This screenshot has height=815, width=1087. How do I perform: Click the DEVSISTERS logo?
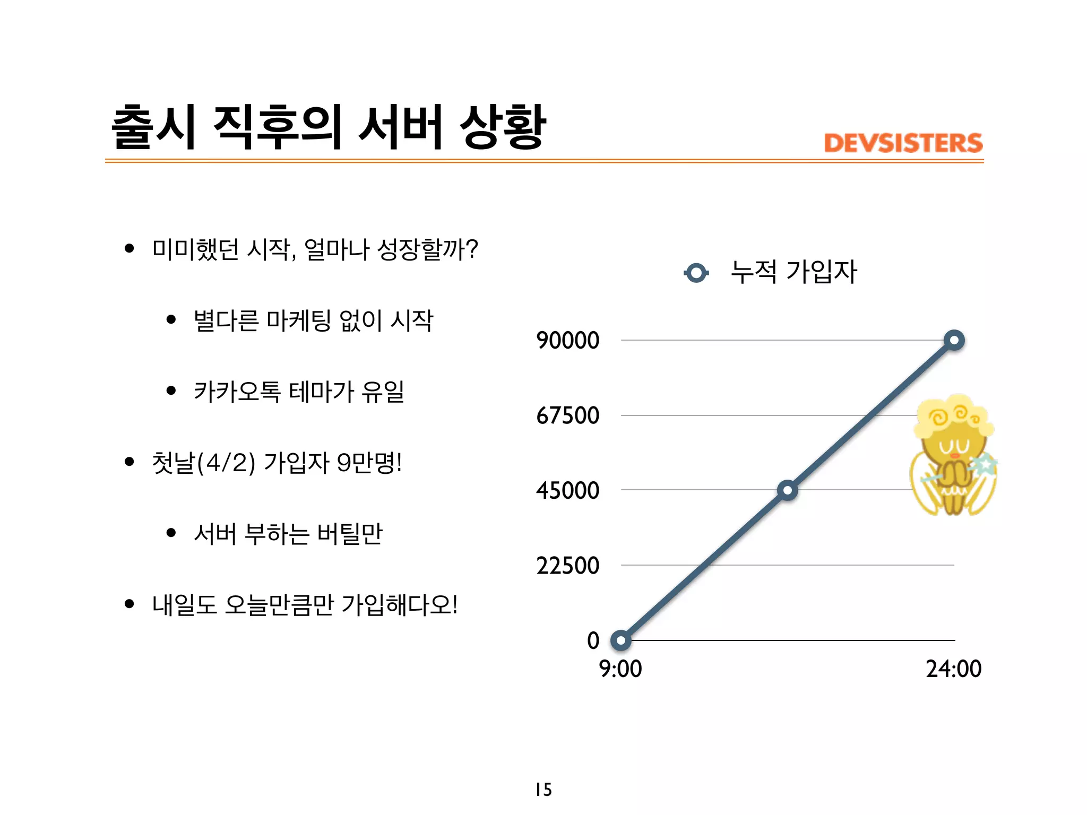(x=903, y=143)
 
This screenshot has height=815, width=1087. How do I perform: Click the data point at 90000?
(x=954, y=340)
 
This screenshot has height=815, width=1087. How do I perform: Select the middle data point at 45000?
(x=787, y=490)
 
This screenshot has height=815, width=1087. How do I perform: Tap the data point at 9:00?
(x=620, y=640)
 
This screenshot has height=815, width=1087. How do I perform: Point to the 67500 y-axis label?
(x=567, y=415)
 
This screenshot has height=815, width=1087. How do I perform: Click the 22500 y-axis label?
(x=567, y=566)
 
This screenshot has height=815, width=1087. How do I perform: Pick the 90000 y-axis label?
(x=567, y=340)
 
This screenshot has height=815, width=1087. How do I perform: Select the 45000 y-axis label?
(x=567, y=490)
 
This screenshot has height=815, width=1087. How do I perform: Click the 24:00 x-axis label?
(x=953, y=669)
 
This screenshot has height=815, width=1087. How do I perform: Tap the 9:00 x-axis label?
(x=620, y=669)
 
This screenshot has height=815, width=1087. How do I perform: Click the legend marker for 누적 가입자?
(x=696, y=273)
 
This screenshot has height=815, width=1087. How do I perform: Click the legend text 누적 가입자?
(x=793, y=272)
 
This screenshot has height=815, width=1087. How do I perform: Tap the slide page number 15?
(x=543, y=790)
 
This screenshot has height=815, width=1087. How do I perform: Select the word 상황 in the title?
(x=502, y=127)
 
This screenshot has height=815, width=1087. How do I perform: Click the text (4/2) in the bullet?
(x=226, y=463)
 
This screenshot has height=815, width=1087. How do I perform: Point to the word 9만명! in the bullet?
(x=369, y=463)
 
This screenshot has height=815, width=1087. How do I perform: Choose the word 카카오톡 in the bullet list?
(x=237, y=392)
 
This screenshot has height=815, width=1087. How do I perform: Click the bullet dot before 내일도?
(x=129, y=604)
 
